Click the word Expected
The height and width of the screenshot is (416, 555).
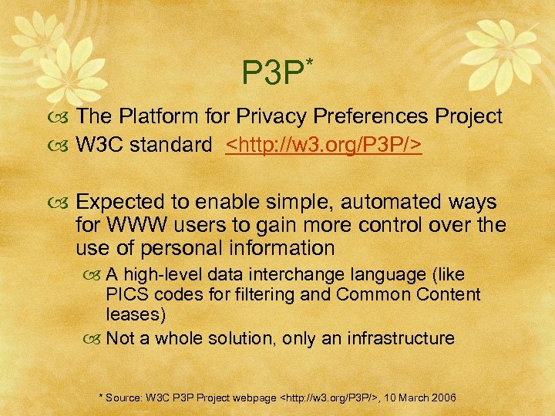click(124, 203)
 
